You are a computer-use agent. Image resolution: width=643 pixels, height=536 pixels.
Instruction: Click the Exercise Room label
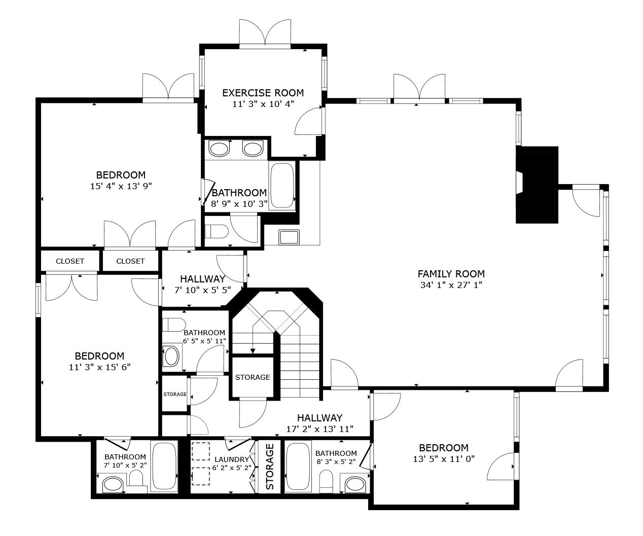click(263, 93)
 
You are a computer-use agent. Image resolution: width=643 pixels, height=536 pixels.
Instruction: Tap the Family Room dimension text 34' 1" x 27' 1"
click(451, 285)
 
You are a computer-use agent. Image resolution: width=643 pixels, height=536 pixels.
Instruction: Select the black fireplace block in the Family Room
click(538, 185)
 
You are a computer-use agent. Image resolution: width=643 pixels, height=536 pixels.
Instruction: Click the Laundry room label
click(232, 459)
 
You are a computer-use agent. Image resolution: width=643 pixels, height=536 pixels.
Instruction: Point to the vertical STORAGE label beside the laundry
click(270, 467)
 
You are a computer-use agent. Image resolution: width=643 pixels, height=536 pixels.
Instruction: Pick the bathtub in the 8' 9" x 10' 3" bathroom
click(282, 186)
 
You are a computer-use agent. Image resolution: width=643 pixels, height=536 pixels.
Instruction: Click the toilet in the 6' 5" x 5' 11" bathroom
click(174, 325)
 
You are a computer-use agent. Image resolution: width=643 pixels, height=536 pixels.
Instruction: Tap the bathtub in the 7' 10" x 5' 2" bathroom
click(165, 466)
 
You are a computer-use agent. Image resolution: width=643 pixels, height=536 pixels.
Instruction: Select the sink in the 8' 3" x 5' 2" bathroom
click(355, 484)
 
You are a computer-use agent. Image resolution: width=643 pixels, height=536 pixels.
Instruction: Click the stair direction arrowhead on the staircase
click(253, 350)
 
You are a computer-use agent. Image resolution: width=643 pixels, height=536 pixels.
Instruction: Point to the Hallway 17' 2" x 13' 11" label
click(319, 418)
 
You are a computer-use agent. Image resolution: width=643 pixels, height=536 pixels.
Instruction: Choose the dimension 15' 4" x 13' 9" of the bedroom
click(121, 186)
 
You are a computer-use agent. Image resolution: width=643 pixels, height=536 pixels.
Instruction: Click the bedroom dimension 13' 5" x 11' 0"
click(444, 459)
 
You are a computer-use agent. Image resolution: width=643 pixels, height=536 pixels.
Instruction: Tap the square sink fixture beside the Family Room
click(289, 237)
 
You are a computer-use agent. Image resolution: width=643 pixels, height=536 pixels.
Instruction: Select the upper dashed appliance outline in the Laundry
click(201, 451)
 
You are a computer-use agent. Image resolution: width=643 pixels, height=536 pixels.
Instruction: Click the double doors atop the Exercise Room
click(265, 33)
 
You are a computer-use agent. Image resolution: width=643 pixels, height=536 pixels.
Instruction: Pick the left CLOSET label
click(70, 261)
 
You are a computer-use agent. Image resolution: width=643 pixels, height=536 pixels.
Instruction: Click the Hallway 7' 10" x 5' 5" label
click(203, 279)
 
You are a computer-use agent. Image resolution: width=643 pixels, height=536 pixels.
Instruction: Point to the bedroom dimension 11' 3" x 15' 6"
click(99, 367)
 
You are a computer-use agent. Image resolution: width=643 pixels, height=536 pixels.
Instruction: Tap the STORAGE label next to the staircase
click(253, 377)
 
